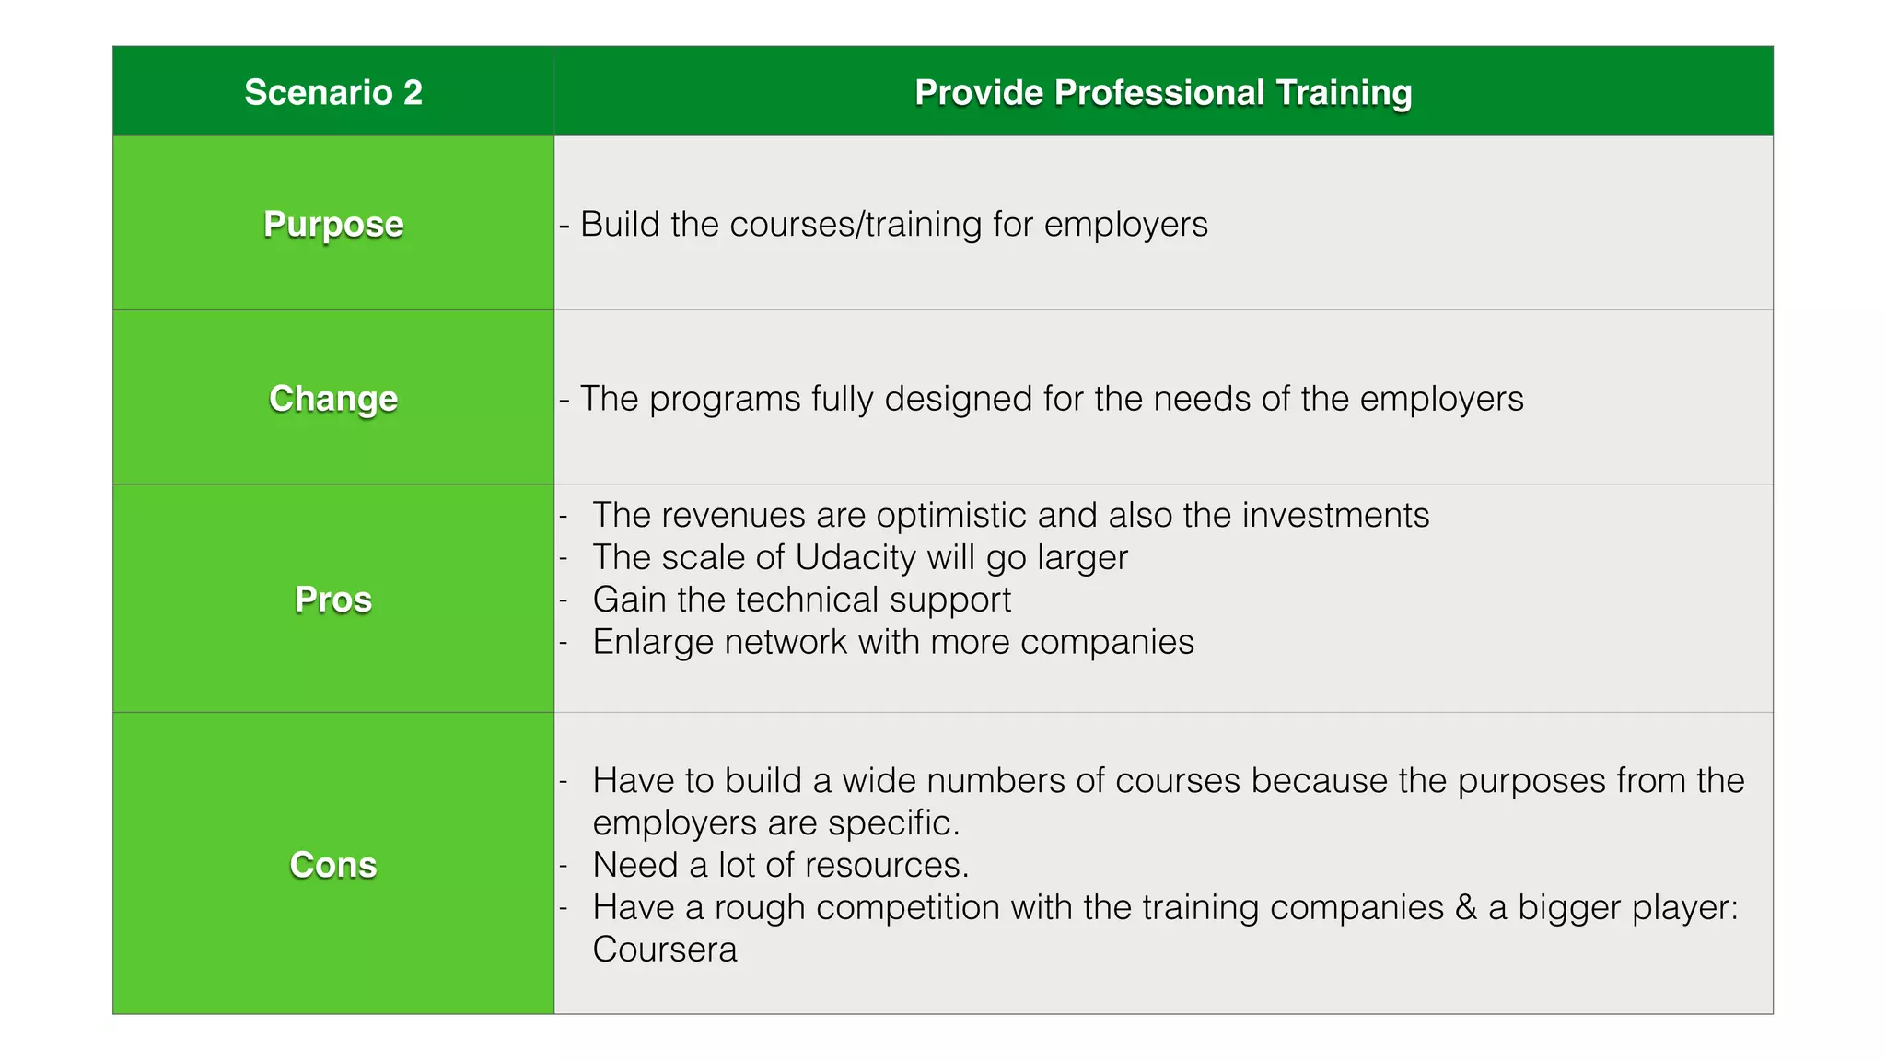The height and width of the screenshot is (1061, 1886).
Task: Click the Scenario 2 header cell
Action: (333, 92)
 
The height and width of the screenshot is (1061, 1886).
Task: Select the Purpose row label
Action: (333, 224)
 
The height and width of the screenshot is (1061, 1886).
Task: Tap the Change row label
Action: (333, 398)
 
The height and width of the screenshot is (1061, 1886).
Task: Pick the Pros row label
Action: (333, 599)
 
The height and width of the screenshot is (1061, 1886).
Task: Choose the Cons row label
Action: (333, 864)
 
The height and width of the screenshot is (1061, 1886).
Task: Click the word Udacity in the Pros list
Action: (856, 557)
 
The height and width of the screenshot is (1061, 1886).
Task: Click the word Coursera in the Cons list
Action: (665, 950)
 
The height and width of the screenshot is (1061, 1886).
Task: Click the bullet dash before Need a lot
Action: (564, 865)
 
